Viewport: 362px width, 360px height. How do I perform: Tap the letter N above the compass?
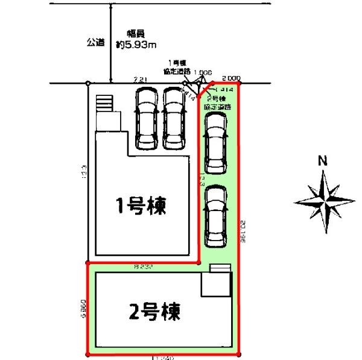323,161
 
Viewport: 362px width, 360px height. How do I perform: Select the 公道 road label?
95,42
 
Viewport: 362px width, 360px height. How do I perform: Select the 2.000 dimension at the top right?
231,78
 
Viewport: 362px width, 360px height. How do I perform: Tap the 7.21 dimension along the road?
140,78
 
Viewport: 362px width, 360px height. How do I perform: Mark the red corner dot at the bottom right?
240,355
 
